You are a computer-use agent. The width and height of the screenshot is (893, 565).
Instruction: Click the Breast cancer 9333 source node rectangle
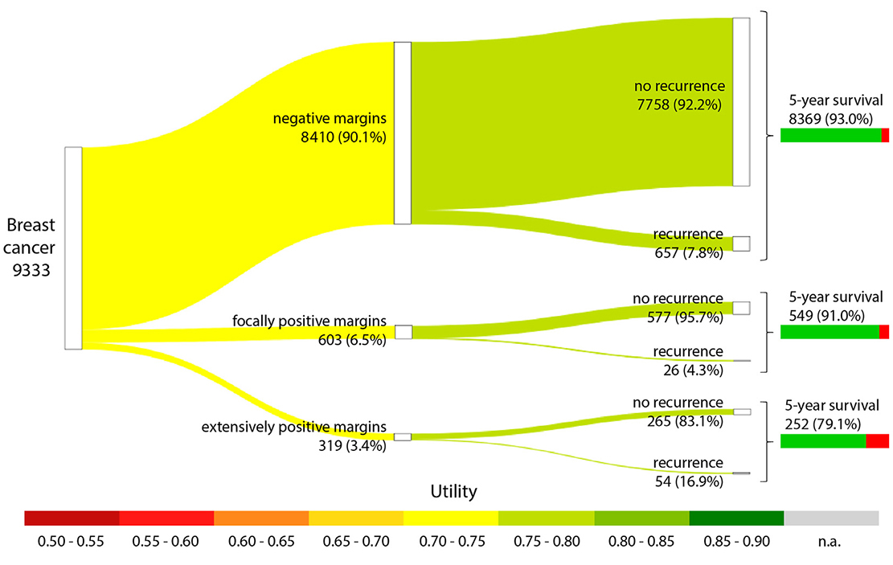coord(73,248)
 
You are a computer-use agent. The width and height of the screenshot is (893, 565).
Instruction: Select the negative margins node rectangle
coord(402,133)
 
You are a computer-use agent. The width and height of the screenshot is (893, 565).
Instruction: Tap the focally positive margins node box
coord(403,332)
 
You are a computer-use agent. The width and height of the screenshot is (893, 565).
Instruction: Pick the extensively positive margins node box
coord(402,436)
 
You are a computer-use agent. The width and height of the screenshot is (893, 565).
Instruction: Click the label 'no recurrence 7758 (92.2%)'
coord(678,94)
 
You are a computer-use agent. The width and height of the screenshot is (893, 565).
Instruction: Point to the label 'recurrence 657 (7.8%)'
coord(688,243)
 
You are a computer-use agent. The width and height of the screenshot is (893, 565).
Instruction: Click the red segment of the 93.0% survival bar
coord(884,135)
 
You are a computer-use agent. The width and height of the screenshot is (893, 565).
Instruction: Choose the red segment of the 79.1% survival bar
coord(877,440)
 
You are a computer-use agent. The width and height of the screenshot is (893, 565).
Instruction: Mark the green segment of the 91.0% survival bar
coord(830,332)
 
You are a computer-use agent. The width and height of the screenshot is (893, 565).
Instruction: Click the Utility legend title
coord(453,490)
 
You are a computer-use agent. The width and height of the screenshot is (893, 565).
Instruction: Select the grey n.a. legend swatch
coord(831,518)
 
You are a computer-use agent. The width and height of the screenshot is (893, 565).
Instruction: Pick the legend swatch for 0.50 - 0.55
coord(72,518)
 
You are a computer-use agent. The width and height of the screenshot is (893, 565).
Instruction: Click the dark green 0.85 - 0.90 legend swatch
coord(736,518)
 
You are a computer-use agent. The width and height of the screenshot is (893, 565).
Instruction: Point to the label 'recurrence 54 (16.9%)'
coord(688,472)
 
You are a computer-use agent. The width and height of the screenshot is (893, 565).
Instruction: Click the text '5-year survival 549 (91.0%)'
coord(836,305)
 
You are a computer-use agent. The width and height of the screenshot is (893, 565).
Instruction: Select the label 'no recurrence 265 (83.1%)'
coord(678,411)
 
